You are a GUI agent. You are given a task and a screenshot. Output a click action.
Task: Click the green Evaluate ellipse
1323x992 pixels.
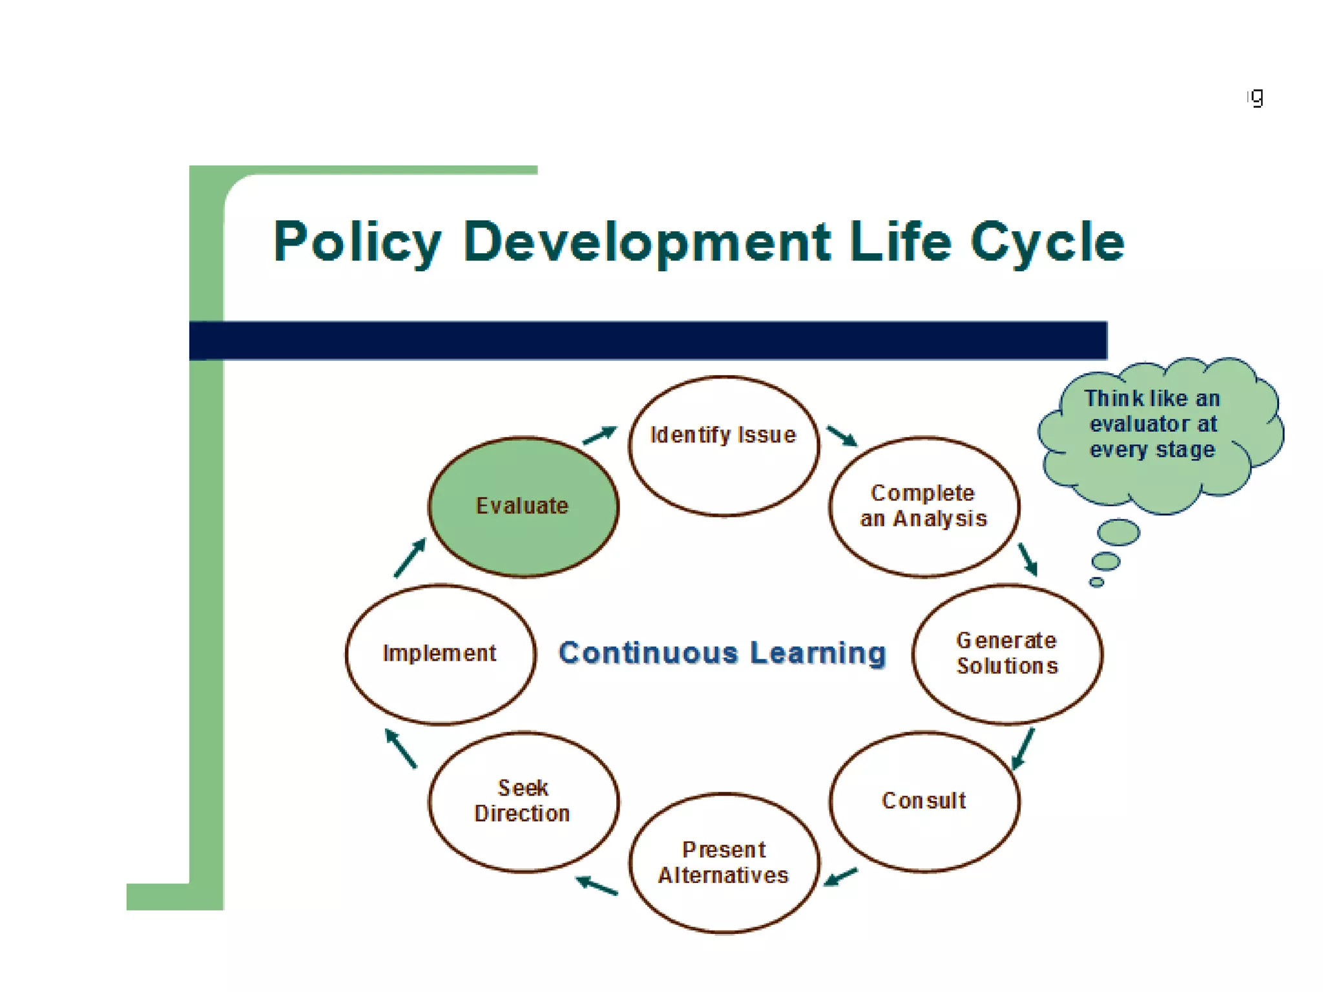523,506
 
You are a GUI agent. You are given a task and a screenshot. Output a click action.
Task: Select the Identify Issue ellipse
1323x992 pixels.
724,446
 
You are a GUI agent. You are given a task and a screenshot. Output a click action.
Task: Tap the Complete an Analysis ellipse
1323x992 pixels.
924,506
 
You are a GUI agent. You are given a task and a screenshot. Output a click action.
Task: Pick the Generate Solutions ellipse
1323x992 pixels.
1007,654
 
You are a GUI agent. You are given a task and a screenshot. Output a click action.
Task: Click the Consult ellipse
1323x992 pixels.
924,801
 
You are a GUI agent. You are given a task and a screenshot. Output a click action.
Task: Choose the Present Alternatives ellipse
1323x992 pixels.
724,863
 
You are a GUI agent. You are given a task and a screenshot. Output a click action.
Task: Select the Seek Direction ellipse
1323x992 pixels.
523,801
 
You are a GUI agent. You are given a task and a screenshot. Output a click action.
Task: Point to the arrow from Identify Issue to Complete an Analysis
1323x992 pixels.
842,436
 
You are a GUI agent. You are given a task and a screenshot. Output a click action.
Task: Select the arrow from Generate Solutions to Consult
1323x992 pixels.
1023,749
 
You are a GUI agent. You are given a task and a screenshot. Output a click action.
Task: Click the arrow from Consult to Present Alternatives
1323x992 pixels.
840,877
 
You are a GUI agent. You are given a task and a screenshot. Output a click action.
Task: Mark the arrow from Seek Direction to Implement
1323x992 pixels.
401,748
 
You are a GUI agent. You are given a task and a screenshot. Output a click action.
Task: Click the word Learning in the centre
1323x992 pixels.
818,652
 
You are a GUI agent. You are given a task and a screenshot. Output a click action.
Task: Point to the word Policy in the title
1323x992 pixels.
357,242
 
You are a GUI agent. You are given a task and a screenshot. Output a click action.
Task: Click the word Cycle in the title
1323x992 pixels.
1047,242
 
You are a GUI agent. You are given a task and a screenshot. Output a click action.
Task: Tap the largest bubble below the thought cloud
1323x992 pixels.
1118,532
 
